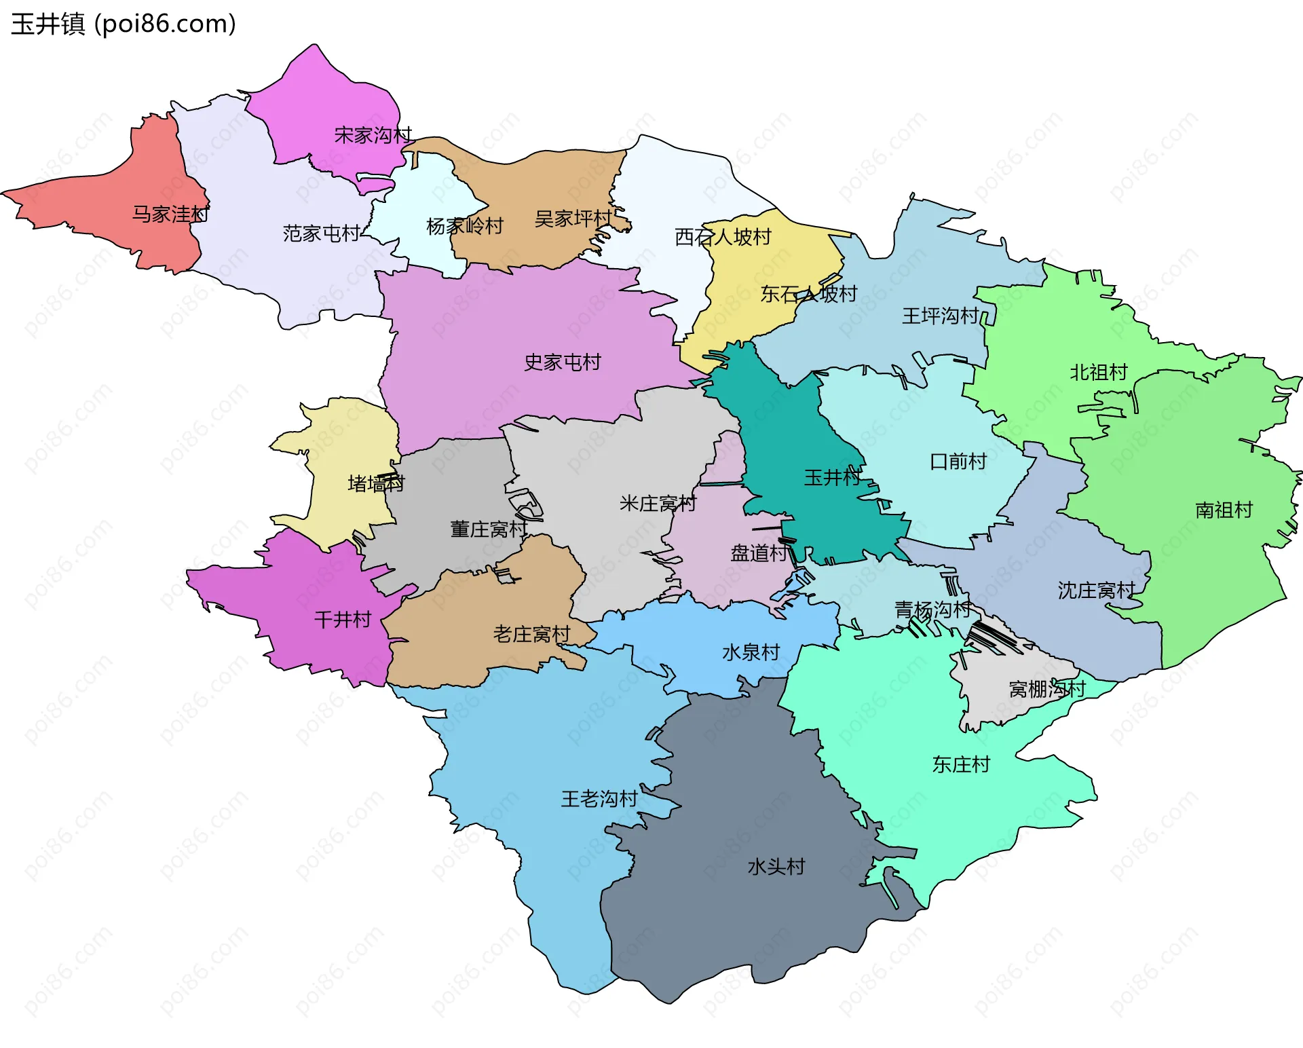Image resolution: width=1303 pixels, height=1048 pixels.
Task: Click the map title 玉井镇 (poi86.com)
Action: (x=124, y=24)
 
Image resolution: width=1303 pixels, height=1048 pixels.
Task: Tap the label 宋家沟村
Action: (x=373, y=135)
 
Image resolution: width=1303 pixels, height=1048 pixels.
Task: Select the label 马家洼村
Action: (x=170, y=214)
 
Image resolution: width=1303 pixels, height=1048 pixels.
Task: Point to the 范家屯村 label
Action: (x=322, y=233)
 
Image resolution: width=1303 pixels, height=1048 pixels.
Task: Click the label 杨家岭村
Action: (x=465, y=226)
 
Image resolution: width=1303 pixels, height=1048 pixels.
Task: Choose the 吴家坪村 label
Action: (x=573, y=219)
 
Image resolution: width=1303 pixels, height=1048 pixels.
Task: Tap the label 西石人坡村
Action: (x=723, y=237)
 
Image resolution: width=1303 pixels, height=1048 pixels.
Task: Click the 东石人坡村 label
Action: (x=809, y=294)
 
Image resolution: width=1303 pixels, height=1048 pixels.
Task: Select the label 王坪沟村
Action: (x=940, y=316)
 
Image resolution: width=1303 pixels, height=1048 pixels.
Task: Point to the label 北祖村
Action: (x=1099, y=372)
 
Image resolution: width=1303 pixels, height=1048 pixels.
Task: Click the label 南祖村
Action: (x=1224, y=510)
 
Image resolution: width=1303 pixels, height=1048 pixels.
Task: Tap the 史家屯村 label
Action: (x=563, y=362)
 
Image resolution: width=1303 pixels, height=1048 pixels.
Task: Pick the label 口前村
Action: (x=958, y=462)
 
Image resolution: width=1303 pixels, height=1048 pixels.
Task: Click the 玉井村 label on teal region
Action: (x=832, y=477)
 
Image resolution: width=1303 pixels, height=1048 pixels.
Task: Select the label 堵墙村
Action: (x=376, y=483)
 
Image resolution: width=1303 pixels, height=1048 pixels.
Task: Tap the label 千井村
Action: (x=343, y=619)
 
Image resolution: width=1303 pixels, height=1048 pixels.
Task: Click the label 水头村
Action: (x=776, y=867)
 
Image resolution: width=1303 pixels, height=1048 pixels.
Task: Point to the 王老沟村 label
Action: (x=599, y=798)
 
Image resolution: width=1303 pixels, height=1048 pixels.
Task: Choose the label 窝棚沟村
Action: (x=1047, y=689)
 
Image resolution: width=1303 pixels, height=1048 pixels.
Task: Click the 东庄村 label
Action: (x=961, y=764)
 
